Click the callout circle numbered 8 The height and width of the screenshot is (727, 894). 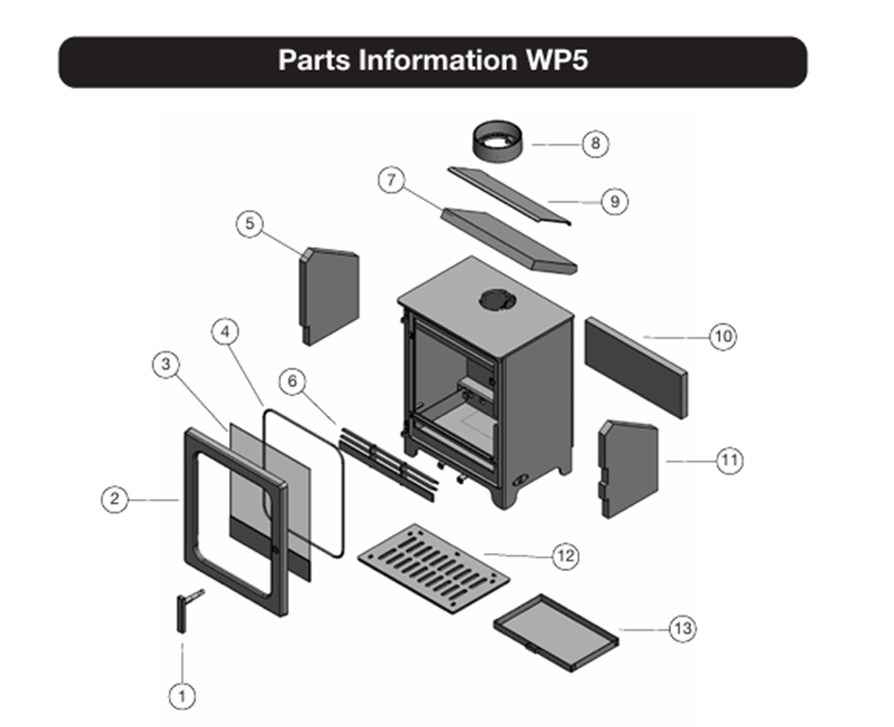pyautogui.click(x=594, y=144)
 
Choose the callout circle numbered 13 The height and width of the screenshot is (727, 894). pyautogui.click(x=682, y=629)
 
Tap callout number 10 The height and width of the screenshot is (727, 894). pyautogui.click(x=723, y=337)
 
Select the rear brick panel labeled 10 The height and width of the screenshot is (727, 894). pyautogui.click(x=636, y=367)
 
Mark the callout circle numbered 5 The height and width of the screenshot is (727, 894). pyautogui.click(x=250, y=224)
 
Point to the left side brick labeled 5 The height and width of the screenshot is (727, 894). pyautogui.click(x=329, y=296)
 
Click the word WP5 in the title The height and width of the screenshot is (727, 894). pyautogui.click(x=555, y=61)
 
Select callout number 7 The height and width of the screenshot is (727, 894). pyautogui.click(x=393, y=180)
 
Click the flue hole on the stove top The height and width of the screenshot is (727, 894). pyautogui.click(x=495, y=300)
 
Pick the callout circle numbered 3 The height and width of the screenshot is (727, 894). pyautogui.click(x=166, y=365)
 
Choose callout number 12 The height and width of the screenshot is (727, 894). pyautogui.click(x=566, y=556)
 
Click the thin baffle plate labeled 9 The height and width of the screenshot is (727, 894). pyautogui.click(x=511, y=192)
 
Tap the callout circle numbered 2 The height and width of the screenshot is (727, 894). pyautogui.click(x=114, y=499)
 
